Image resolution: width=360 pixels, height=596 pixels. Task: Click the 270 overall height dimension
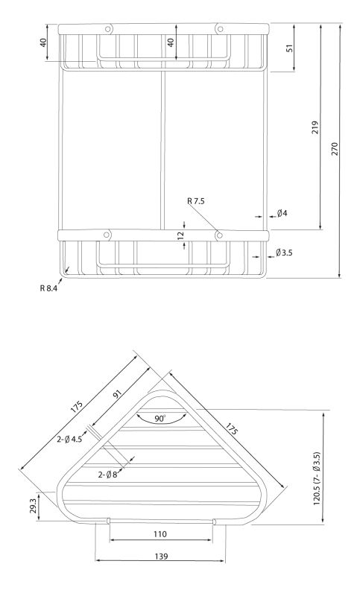(335, 150)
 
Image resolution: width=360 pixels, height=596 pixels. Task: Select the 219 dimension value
(315, 127)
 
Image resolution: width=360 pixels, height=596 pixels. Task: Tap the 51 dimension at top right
(290, 48)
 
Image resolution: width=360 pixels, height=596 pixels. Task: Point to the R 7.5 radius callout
(196, 201)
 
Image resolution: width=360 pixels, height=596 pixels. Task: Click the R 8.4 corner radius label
(48, 288)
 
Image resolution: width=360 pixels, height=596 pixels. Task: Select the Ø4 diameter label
(282, 213)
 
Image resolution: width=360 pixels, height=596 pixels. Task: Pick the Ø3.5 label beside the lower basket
(285, 253)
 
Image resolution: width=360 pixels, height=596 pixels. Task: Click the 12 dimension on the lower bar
(180, 235)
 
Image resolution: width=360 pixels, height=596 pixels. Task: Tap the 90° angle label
(160, 419)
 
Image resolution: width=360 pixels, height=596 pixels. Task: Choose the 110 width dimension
(160, 534)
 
